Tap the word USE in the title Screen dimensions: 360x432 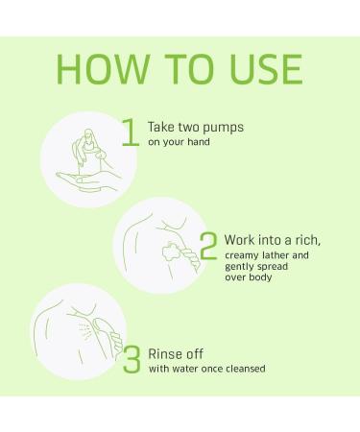coord(266,69)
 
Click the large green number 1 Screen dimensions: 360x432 coord(131,132)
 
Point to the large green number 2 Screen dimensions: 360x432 coord(208,246)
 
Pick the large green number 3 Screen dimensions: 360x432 coord(132,359)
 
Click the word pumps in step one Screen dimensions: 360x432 coord(223,128)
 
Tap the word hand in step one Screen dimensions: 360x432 coord(199,141)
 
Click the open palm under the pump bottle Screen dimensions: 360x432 coord(88,181)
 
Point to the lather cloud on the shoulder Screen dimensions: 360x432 coord(173,252)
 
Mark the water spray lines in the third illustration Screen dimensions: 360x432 coord(85,329)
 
